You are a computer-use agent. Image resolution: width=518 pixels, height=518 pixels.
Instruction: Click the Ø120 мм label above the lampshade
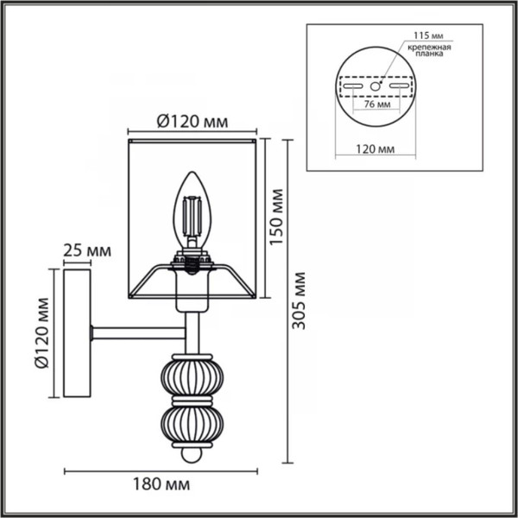(x=191, y=123)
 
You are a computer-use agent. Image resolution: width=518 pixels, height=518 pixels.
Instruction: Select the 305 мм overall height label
(x=299, y=307)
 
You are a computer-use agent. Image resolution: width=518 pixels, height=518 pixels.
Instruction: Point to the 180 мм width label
(x=161, y=485)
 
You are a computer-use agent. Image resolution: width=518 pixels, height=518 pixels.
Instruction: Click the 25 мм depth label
(x=87, y=251)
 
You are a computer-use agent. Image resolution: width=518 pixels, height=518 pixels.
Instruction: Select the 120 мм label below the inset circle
(x=376, y=148)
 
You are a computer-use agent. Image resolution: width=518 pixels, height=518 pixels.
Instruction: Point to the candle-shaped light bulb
(x=193, y=211)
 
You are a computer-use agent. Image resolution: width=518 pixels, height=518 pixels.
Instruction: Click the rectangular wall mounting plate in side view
(x=77, y=333)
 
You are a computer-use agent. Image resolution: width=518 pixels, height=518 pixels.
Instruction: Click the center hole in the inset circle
(x=376, y=86)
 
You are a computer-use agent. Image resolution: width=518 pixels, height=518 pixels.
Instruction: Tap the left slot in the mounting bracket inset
(x=352, y=86)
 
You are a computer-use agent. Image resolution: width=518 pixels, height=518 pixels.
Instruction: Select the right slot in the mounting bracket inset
(x=399, y=86)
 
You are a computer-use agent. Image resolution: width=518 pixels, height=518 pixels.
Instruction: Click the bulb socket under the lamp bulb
(x=193, y=260)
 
